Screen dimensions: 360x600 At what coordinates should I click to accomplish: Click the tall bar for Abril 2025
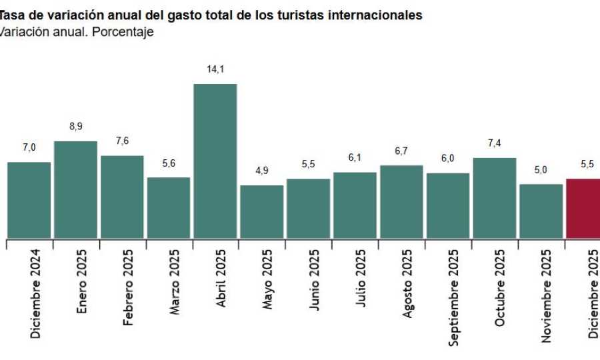pos(215,161)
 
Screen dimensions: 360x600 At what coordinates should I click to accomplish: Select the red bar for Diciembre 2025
pos(583,208)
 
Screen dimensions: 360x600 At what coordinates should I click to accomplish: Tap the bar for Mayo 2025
pos(261,211)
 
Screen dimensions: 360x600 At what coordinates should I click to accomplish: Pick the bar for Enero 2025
pos(75,189)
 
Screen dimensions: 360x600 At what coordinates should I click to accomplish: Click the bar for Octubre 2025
pos(495,198)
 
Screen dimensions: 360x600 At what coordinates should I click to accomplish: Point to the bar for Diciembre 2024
pos(29,200)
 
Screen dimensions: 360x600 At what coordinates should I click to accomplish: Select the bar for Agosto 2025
pos(401,201)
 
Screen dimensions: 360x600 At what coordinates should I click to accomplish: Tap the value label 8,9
pos(75,126)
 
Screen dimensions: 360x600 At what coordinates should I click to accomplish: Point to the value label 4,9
pos(261,170)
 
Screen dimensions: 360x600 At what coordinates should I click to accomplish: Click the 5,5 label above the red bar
pos(587,163)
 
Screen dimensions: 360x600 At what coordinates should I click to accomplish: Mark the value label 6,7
pos(401,151)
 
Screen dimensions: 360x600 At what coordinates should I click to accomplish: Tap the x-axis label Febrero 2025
pos(128,287)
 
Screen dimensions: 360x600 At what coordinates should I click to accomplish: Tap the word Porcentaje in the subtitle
pos(123,32)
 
